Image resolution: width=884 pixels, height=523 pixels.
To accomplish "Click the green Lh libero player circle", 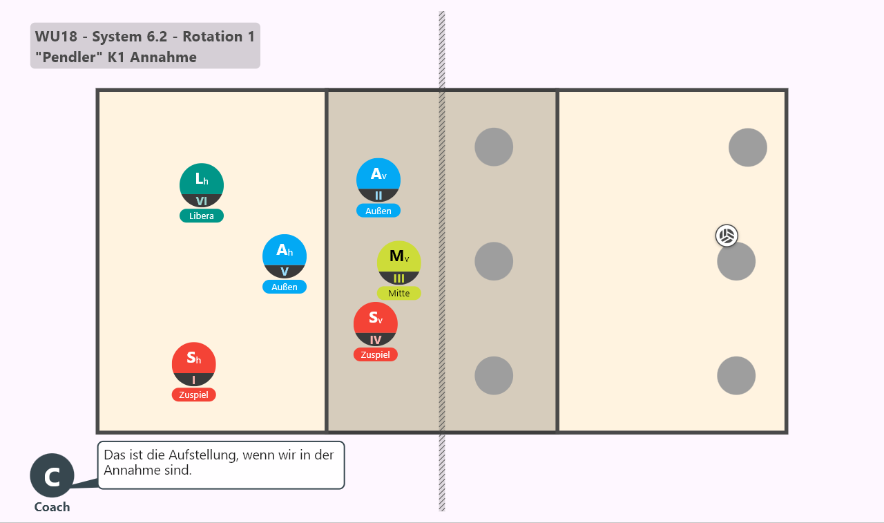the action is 202,185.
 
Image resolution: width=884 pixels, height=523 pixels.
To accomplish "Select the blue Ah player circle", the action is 285,256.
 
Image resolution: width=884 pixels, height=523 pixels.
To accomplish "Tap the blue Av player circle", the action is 378,180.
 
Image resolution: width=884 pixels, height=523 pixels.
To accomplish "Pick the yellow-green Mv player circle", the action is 399,263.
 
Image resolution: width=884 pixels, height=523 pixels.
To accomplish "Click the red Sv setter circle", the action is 375,324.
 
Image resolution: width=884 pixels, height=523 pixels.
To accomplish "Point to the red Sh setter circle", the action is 194,364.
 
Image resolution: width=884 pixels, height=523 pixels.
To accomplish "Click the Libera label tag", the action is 202,216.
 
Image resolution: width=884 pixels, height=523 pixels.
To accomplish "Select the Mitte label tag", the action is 399,293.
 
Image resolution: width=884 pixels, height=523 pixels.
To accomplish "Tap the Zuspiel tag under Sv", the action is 375,355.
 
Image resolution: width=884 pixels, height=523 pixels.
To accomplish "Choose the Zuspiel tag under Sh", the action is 194,395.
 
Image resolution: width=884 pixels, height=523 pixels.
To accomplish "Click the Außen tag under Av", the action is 378,211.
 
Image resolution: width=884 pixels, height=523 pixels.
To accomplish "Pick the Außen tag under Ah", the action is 285,287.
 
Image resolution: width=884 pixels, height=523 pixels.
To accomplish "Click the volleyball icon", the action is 727,236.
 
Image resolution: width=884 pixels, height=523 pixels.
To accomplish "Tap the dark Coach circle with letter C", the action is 52,475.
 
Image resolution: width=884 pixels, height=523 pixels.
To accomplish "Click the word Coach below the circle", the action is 52,507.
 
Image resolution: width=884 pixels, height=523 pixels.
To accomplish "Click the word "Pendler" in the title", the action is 66,57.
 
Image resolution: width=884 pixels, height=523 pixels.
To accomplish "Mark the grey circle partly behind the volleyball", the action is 736,261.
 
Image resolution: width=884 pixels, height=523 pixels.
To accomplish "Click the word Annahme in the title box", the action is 164,57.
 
